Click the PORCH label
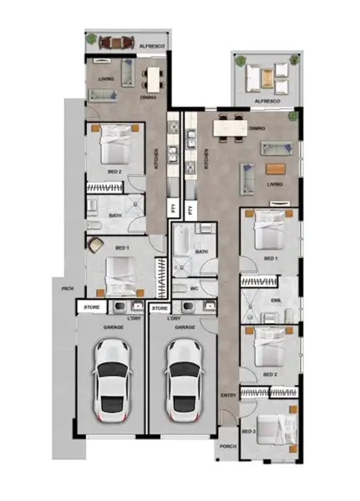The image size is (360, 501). pyautogui.click(x=228, y=446)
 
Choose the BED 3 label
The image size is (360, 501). pyautogui.click(x=248, y=431)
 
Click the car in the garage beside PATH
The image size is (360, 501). pyautogui.click(x=112, y=381)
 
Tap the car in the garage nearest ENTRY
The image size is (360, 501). pyautogui.click(x=184, y=381)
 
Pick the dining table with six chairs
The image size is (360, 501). pyautogui.click(x=232, y=129)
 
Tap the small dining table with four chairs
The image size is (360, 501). pyautogui.click(x=152, y=79)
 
